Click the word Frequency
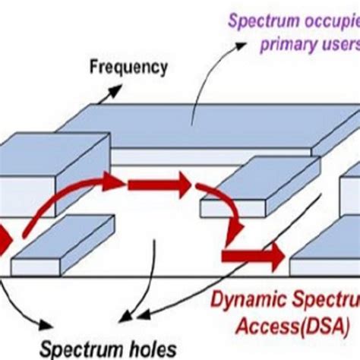tap(128, 68)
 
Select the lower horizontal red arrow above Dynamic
tap(251, 255)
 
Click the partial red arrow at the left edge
tap(4, 242)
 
